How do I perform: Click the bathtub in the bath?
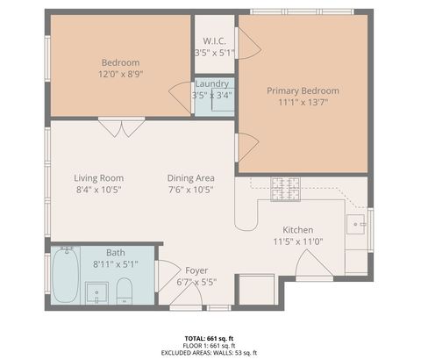[64, 277]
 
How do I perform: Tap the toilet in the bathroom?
[124, 289]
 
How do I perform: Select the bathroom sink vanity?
[96, 291]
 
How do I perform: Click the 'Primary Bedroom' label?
[303, 90]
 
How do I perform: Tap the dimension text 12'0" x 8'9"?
[122, 75]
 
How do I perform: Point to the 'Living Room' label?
[98, 177]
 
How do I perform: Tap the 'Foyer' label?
[196, 270]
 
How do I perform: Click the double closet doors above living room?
[122, 128]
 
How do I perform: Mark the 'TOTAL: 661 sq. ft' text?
[210, 337]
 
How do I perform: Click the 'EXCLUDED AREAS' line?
[210, 353]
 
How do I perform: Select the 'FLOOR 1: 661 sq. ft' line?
[210, 345]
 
